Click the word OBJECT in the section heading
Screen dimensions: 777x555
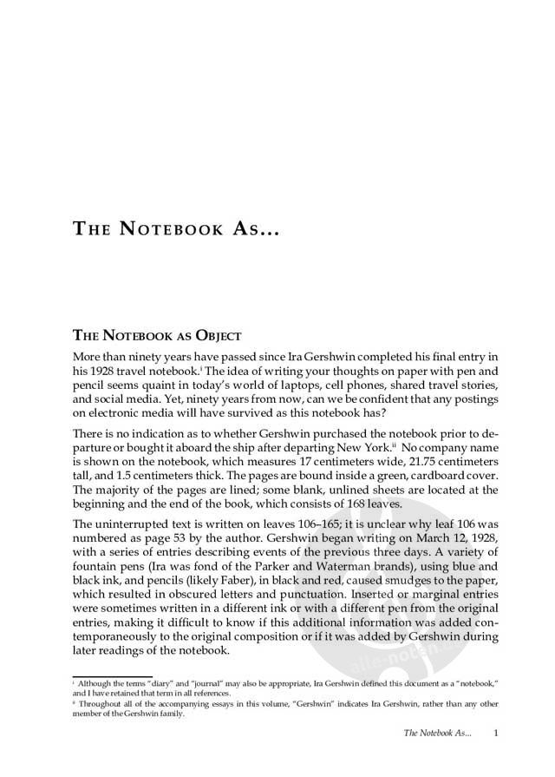pos(211,334)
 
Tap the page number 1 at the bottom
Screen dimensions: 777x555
pos(493,734)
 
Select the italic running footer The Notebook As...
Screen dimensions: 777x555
pos(438,734)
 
